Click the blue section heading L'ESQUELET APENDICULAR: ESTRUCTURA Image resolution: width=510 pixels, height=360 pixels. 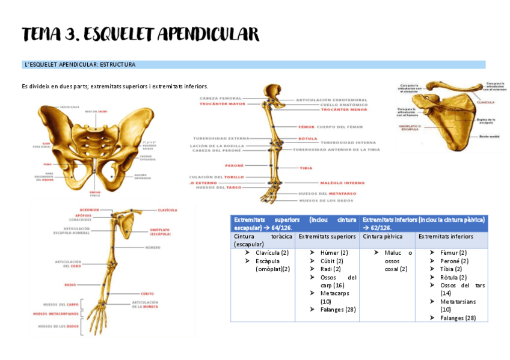coord(80,64)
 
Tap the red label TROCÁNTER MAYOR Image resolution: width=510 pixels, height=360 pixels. coord(223,104)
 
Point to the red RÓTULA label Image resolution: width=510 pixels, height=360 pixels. coord(307,138)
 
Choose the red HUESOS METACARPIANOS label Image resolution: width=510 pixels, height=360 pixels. coord(55,314)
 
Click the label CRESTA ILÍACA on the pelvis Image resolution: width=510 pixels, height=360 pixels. coord(70,107)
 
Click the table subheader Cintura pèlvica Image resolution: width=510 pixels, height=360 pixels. coord(381,236)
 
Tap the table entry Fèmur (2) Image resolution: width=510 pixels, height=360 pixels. coord(453,252)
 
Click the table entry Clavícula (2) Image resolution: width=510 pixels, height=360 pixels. coord(272,252)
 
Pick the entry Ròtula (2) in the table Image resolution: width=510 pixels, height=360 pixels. coord(453,277)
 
